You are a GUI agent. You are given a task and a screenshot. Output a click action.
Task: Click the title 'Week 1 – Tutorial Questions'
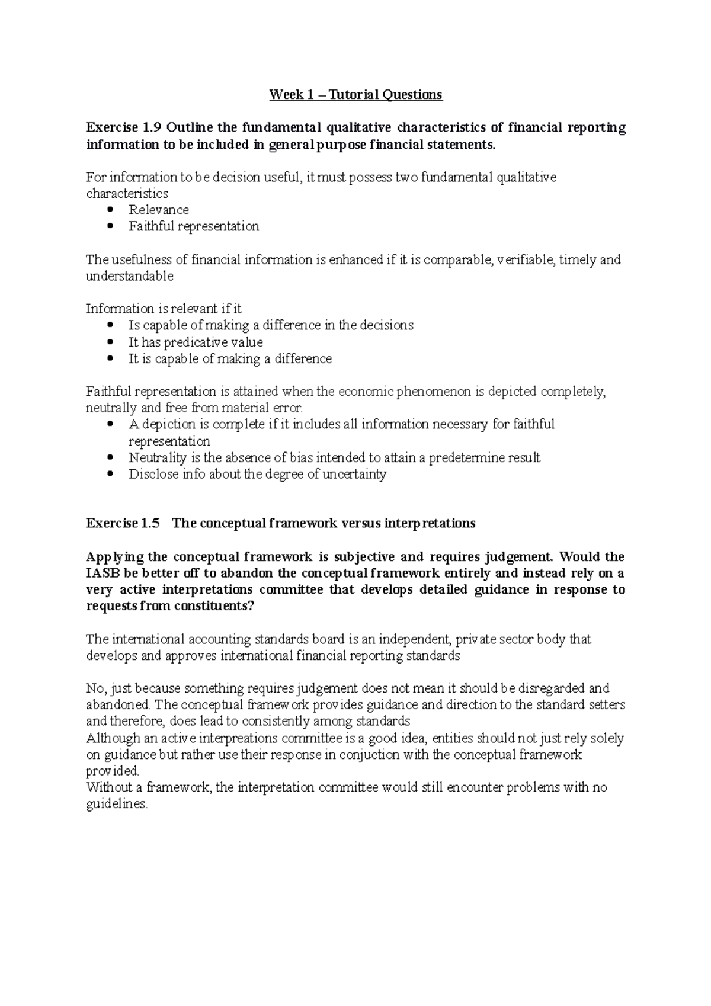click(x=355, y=94)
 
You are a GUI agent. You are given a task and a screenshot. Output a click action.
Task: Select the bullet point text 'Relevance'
click(x=159, y=210)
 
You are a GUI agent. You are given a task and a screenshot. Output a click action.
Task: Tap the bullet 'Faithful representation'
click(x=194, y=226)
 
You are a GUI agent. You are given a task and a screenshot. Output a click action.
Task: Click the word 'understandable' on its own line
click(x=130, y=276)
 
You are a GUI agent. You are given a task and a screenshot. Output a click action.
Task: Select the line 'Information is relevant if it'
click(x=164, y=309)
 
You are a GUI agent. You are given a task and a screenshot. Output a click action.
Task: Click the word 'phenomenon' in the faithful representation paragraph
click(x=422, y=392)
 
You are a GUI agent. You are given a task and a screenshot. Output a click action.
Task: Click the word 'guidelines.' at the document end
click(x=116, y=805)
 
